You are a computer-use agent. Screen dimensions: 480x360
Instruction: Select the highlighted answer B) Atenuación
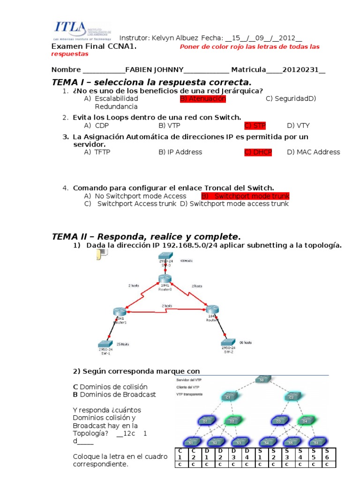(x=202, y=98)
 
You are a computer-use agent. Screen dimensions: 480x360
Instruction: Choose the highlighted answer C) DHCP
(x=258, y=152)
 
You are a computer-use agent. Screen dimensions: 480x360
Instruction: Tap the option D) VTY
(x=298, y=125)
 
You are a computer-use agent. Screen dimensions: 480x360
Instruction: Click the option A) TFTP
(x=97, y=152)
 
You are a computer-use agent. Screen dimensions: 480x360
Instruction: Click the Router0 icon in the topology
(x=165, y=279)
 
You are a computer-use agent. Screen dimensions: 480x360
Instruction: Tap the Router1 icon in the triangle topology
(x=119, y=312)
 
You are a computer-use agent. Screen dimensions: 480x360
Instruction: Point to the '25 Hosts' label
(x=123, y=344)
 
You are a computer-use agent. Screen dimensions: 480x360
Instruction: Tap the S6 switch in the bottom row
(x=315, y=442)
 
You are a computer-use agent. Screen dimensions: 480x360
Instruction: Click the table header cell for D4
(x=247, y=454)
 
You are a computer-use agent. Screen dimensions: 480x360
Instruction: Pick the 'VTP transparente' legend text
(x=189, y=395)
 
